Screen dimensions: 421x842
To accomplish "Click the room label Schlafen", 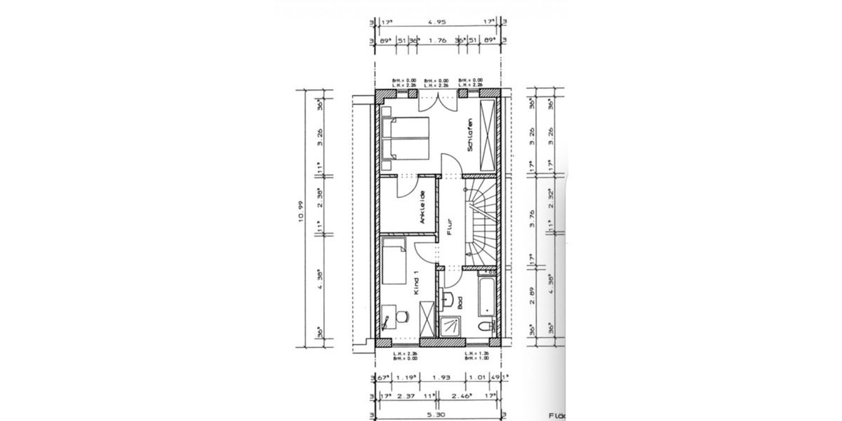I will pos(469,135).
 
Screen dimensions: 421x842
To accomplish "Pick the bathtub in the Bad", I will pos(487,295).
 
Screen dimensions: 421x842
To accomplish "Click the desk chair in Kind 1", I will pos(402,318).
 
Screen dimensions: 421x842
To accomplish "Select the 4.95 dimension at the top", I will pos(437,21).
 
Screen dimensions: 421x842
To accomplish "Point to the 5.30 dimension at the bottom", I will pos(437,413).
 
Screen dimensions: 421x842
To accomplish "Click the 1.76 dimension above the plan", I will pos(437,41).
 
